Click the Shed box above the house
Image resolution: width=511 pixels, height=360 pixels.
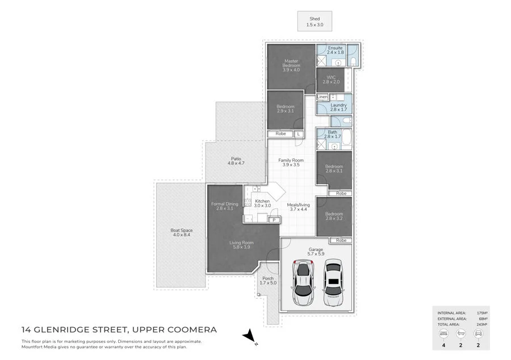point(315,21)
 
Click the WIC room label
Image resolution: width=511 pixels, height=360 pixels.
point(330,79)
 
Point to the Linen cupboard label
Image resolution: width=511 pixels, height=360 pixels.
point(322,97)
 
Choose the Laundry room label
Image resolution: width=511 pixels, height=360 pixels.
point(339,106)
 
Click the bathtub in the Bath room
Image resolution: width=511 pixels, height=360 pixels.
point(346,139)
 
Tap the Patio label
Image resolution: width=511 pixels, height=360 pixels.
point(236,161)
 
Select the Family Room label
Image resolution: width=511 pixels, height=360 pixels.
point(291,162)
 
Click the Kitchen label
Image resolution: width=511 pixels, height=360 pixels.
point(262,204)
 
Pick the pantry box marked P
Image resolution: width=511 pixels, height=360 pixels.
point(274,219)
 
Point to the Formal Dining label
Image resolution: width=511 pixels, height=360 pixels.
point(224,206)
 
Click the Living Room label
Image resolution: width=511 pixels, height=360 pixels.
point(241,245)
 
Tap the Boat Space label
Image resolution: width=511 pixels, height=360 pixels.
point(182,232)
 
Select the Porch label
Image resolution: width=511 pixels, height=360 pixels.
point(267,281)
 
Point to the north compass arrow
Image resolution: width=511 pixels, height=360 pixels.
point(248,337)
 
